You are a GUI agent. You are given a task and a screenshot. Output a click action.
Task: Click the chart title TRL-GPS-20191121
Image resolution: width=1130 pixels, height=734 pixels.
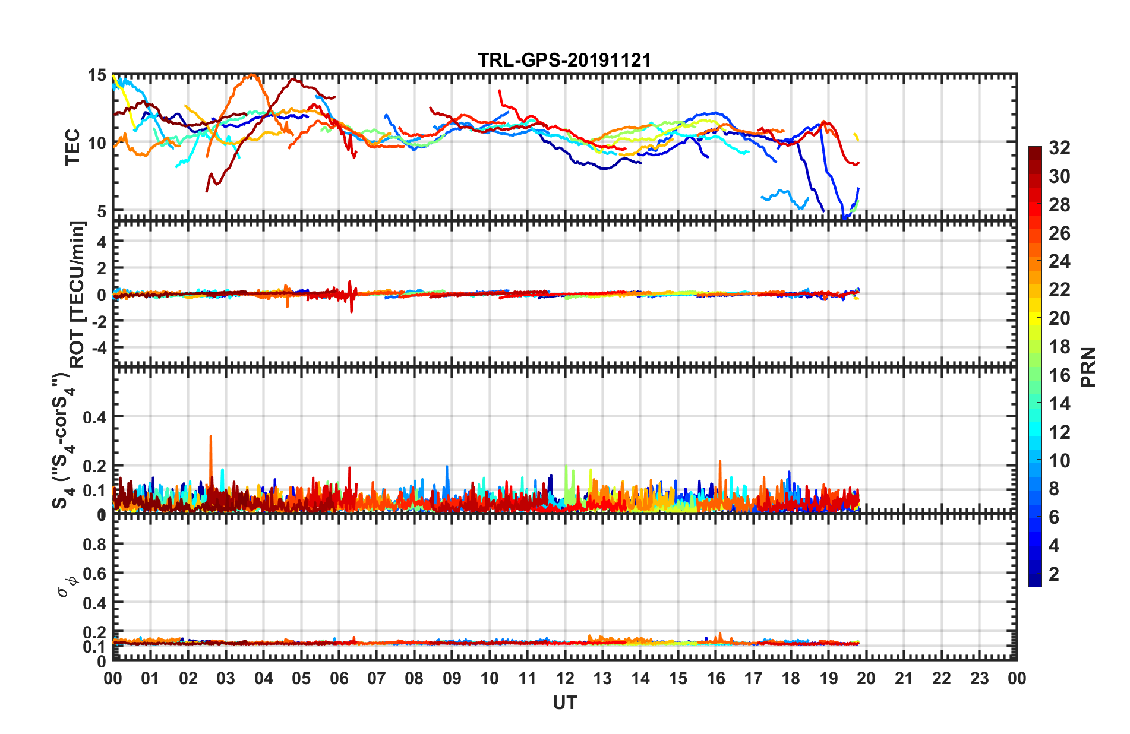564,60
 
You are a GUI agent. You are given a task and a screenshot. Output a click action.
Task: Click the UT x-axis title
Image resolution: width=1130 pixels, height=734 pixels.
564,703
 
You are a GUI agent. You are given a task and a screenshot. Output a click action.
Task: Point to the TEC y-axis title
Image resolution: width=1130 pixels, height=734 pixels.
72,147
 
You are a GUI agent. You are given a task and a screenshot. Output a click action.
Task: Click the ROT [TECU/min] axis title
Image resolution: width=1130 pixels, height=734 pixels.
78,294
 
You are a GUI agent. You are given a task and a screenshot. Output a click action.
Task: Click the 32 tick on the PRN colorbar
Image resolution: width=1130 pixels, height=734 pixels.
1059,148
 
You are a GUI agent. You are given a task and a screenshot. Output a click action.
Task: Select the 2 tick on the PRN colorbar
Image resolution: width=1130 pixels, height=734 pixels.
1054,574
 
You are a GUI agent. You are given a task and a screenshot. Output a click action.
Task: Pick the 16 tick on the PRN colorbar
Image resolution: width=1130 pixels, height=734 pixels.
1059,375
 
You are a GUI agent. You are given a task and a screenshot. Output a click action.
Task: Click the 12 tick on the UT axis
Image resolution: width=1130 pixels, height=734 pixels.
565,678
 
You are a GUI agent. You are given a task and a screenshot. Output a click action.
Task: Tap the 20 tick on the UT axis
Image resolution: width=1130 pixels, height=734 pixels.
866,678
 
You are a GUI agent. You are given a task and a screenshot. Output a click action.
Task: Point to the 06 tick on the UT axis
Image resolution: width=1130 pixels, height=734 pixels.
339,678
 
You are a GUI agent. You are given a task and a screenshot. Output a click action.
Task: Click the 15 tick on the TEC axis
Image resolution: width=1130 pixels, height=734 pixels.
97,75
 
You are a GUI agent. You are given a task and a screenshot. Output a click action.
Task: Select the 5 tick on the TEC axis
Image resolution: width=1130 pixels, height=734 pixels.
101,211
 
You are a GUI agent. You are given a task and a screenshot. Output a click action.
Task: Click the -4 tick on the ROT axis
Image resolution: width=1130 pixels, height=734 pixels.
98,347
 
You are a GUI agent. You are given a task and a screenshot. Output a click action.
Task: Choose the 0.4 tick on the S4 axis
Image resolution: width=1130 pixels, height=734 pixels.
94,417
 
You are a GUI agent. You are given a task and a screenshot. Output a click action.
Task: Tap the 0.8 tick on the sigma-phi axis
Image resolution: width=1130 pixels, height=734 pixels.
94,544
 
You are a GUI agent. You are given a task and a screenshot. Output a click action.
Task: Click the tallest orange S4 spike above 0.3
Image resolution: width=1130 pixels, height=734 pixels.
210,438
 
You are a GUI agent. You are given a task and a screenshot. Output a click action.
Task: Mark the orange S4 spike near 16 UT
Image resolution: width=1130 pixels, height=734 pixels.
719,462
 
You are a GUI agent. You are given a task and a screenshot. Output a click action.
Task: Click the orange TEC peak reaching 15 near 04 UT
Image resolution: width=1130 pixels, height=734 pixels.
253,75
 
